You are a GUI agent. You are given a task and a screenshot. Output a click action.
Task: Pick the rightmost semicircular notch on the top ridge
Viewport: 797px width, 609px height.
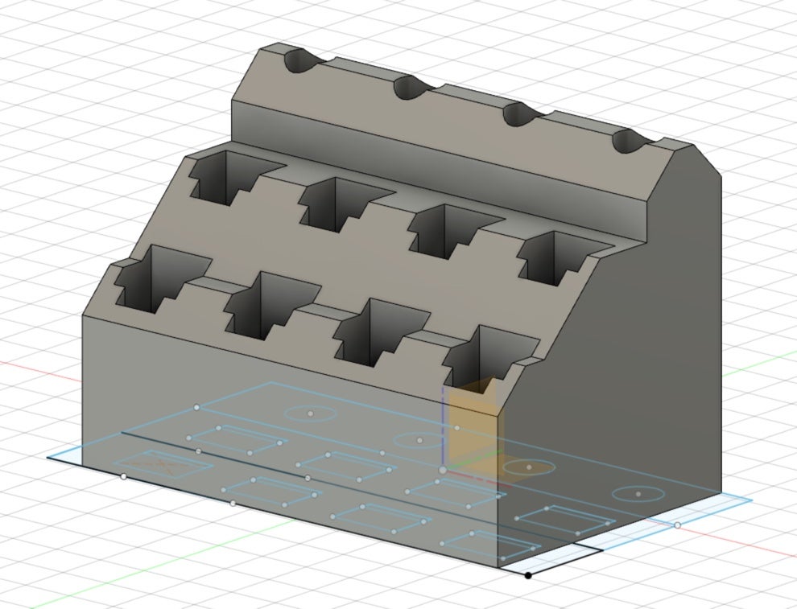[x=630, y=142]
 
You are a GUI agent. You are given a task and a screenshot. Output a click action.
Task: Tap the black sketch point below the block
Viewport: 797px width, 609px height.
[x=528, y=575]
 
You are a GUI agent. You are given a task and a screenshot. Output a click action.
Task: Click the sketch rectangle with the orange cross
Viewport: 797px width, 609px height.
[x=163, y=464]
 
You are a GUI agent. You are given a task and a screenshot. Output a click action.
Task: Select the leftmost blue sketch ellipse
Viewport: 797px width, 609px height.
[x=311, y=414]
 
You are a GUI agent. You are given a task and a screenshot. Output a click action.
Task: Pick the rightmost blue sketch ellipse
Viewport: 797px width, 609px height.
[x=638, y=494]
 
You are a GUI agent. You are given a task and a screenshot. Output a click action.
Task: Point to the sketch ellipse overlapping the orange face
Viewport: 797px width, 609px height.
[x=529, y=467]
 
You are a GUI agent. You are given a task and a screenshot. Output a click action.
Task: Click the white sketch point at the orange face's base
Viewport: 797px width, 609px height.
[x=443, y=469]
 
